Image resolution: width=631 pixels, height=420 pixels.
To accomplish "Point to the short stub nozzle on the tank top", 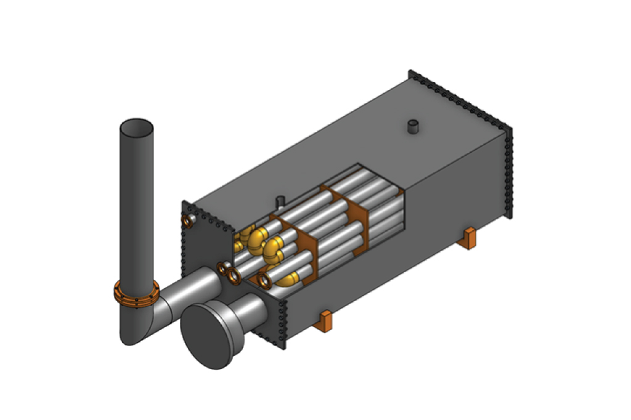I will pos(413,127).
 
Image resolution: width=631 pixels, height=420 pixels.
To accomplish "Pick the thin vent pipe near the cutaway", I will pos(280,201).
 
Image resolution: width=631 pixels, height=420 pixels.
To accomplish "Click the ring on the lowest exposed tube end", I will pos(265,282).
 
